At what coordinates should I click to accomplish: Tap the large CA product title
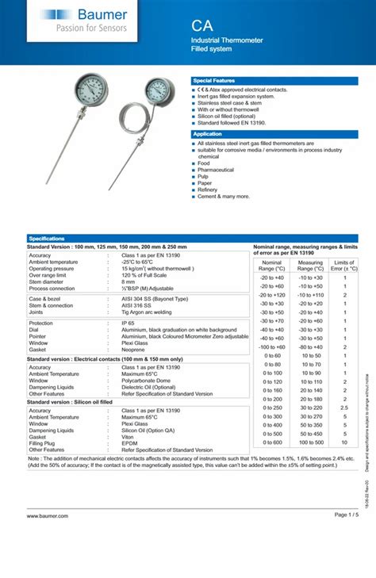202,25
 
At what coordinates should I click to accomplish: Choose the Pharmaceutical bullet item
215,170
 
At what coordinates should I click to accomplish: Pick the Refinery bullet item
207,189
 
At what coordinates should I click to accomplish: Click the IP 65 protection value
128,323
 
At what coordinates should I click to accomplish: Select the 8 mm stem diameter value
129,281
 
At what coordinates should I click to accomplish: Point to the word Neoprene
133,349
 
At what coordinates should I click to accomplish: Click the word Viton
128,436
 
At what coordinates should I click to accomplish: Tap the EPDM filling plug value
129,442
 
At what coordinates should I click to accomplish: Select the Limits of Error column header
344,266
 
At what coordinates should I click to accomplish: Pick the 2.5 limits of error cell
344,408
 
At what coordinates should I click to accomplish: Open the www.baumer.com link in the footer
48,538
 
